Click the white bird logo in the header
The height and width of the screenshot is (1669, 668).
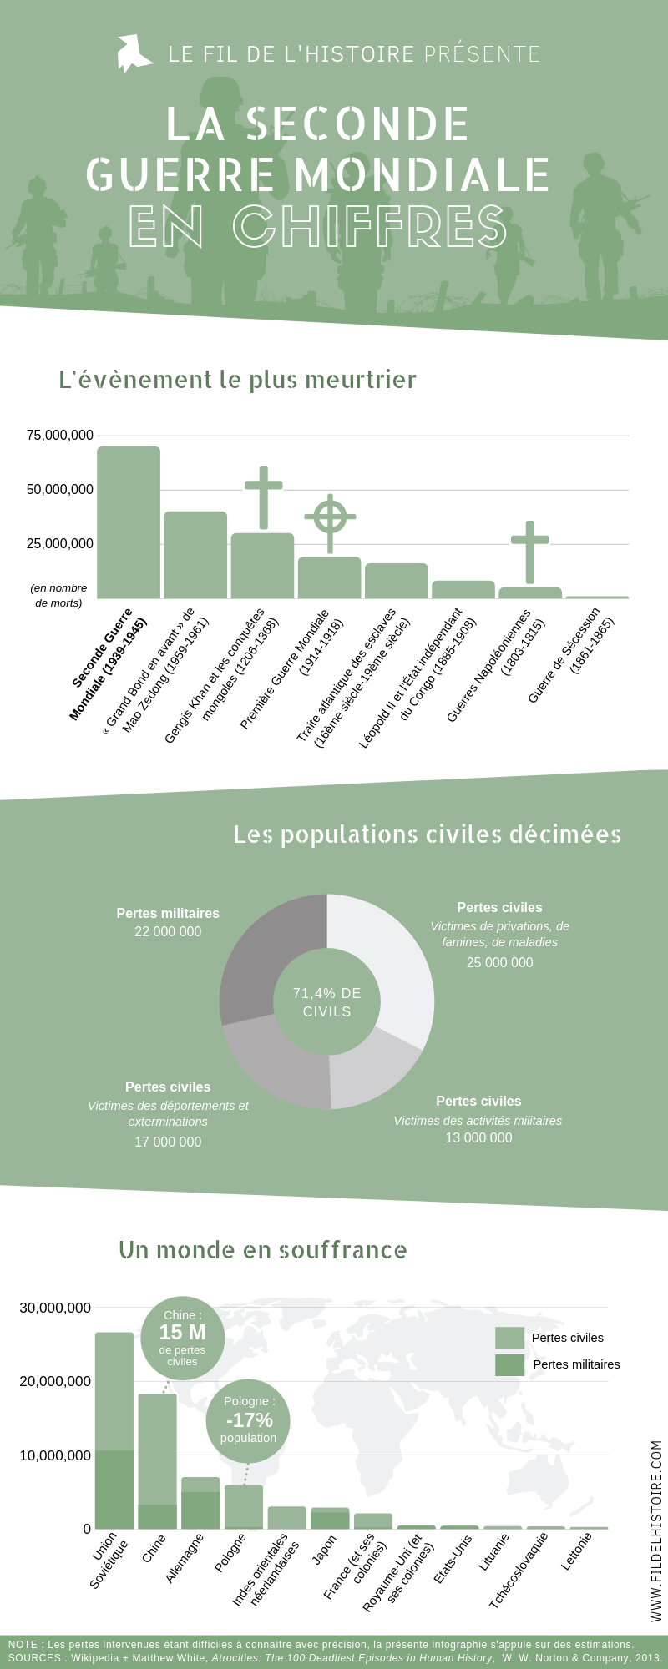tap(133, 53)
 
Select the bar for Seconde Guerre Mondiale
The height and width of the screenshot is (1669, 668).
tap(129, 522)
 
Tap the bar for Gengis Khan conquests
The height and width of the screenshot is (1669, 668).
tap(262, 566)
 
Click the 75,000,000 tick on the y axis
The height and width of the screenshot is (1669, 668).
tap(60, 436)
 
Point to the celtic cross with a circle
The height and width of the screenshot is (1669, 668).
tap(330, 517)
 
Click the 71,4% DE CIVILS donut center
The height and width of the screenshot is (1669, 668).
tap(327, 1002)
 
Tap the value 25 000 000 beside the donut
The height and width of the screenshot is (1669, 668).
tap(499, 963)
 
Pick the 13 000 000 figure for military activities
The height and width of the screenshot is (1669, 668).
tap(478, 1138)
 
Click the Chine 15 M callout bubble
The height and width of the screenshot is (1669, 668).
tap(182, 1338)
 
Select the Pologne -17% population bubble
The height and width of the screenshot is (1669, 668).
tap(248, 1420)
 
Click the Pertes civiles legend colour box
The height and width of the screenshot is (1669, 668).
tap(509, 1338)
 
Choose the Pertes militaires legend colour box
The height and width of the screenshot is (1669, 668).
tap(509, 1364)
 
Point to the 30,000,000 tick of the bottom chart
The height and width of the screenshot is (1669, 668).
tap(55, 1308)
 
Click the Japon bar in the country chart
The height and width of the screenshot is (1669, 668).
tap(330, 1519)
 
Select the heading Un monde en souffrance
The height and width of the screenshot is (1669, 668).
tap(263, 1250)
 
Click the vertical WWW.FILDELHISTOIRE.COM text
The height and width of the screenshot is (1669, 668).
tap(656, 1530)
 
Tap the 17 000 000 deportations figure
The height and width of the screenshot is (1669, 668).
tap(168, 1142)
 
